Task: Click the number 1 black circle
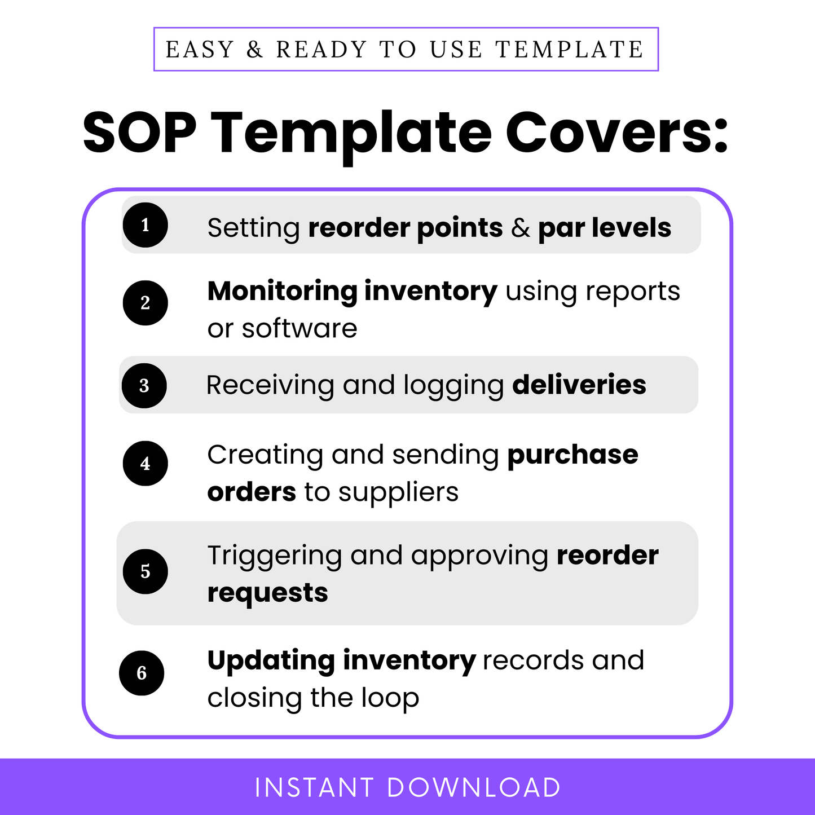pos(146,225)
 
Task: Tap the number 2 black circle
pos(146,303)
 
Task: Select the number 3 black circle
pos(144,386)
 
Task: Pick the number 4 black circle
pos(146,464)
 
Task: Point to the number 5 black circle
pos(146,571)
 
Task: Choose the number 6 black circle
pos(142,673)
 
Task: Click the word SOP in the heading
pos(139,133)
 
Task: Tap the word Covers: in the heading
pos(617,133)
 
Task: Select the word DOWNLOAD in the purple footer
pos(474,788)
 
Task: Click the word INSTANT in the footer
pos(314,788)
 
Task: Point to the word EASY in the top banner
pos(200,50)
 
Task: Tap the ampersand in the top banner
pos(255,50)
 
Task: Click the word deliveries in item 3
pos(579,385)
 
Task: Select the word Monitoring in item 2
pos(282,292)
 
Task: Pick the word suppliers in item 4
pos(398,493)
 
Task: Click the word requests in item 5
pos(267,593)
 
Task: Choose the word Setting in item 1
pos(253,228)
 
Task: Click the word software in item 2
pos(299,329)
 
